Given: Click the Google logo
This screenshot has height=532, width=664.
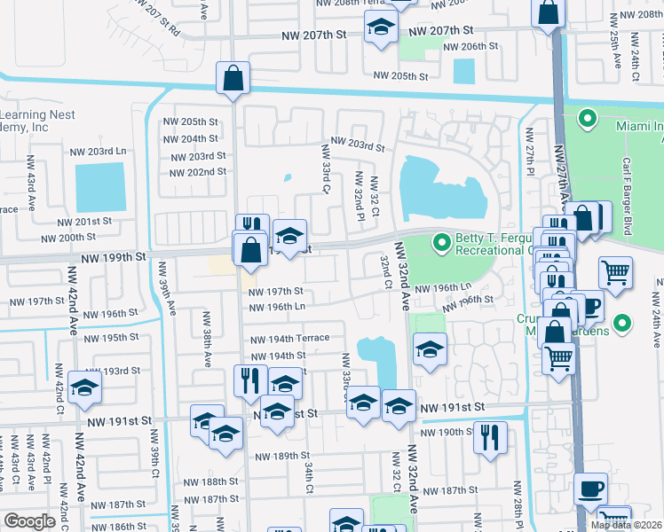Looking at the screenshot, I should [x=29, y=521].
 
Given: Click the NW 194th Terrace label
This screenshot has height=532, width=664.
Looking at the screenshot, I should [x=289, y=339].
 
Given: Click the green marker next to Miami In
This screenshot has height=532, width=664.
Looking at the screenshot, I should [x=588, y=118].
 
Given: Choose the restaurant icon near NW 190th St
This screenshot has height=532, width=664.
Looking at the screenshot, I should [x=490, y=435].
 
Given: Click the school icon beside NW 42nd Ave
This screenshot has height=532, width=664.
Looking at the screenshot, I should [x=85, y=387].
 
